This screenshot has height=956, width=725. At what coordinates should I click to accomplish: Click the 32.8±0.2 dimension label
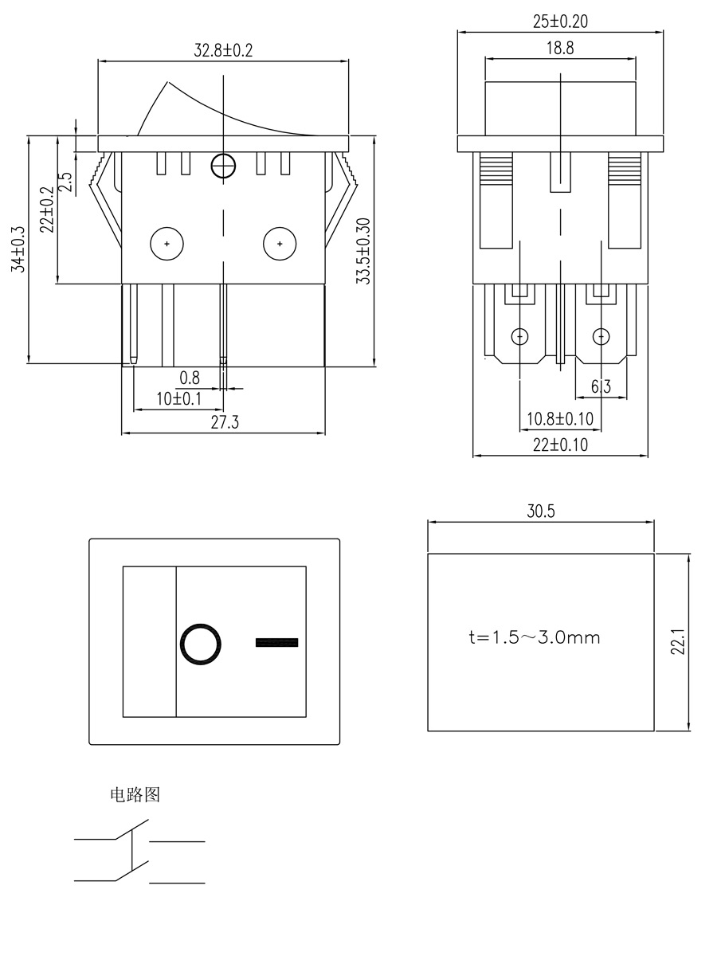[x=223, y=50]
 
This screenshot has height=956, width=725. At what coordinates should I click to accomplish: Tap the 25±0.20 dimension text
[x=560, y=22]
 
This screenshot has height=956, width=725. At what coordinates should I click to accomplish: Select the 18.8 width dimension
[x=560, y=49]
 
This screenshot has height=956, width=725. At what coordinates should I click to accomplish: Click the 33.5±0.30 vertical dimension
[x=363, y=250]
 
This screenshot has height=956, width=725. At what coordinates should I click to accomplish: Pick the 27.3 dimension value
[x=225, y=423]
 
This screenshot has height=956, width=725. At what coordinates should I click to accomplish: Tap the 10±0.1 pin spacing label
[x=178, y=398]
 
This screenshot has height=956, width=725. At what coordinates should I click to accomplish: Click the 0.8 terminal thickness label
[x=190, y=377]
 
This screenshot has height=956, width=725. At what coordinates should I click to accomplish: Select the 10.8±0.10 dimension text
[x=560, y=418]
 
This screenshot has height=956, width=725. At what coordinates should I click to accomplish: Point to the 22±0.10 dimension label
[x=560, y=445]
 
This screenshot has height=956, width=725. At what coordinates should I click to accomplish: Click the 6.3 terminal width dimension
[x=601, y=387]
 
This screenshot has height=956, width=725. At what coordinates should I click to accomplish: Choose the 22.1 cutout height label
[x=678, y=642]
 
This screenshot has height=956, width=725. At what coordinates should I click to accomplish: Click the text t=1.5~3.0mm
[x=535, y=638]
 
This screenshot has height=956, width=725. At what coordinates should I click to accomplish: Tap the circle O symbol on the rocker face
[x=201, y=643]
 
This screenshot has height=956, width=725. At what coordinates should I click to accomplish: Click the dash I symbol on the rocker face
[x=276, y=642]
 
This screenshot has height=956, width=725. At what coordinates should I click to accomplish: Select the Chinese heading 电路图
[x=135, y=795]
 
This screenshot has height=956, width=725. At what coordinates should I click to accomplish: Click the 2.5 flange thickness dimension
[x=68, y=182]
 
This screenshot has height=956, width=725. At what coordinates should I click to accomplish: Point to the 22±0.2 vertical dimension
[x=47, y=210]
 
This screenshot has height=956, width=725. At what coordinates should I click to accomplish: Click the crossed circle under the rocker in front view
[x=224, y=166]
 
